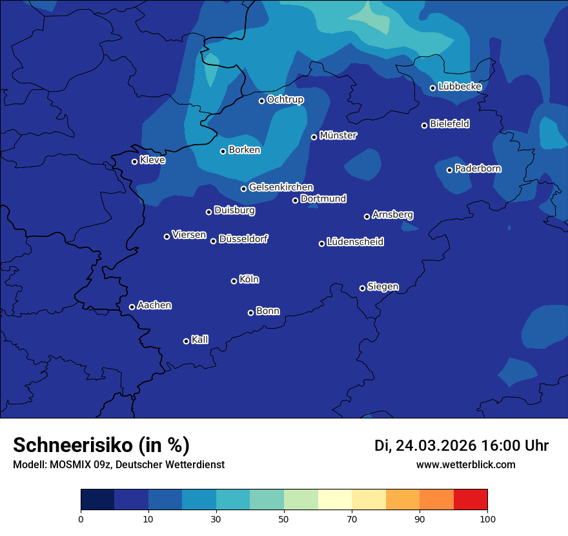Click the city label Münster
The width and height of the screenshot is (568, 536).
click(338, 136)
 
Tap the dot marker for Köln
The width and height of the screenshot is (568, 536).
click(234, 281)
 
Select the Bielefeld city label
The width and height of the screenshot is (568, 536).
click(449, 124)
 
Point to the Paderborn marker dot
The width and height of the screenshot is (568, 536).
click(450, 170)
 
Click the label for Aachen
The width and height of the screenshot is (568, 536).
click(154, 305)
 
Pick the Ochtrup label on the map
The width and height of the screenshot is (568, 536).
click(285, 99)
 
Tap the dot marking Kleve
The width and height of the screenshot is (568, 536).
click(134, 161)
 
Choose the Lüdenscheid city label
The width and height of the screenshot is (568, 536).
click(355, 242)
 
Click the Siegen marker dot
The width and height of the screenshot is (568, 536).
click(362, 288)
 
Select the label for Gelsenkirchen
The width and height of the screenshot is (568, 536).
click(281, 187)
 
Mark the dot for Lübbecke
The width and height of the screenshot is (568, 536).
click(432, 88)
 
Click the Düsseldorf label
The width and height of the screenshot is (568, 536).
click(243, 239)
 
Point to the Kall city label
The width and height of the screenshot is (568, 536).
click(199, 340)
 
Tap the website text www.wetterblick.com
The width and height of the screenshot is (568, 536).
click(465, 464)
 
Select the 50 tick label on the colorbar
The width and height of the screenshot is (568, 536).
click(284, 519)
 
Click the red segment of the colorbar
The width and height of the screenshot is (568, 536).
click(471, 500)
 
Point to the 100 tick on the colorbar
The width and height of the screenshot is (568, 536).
click(487, 519)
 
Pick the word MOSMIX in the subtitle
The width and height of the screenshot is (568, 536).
click(68, 464)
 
